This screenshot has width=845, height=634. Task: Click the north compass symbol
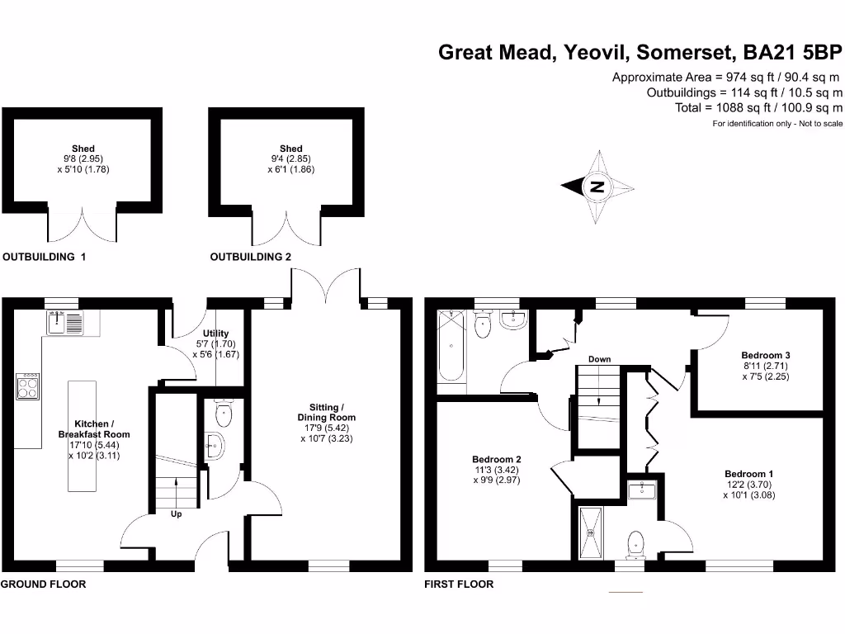597,187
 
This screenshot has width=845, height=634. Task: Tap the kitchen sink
65,322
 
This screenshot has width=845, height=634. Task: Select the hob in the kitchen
28,386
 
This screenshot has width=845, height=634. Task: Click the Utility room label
192,334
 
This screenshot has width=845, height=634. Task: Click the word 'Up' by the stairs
176,514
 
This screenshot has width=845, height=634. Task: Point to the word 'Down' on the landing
599,359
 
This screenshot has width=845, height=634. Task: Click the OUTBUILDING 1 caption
45,257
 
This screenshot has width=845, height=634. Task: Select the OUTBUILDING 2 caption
251,257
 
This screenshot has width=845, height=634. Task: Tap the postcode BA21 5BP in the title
792,53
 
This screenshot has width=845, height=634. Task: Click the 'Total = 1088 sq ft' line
758,107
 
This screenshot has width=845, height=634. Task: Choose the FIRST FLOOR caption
459,584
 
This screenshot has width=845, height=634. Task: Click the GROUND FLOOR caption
43,584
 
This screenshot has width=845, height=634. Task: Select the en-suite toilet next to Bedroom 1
636,544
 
